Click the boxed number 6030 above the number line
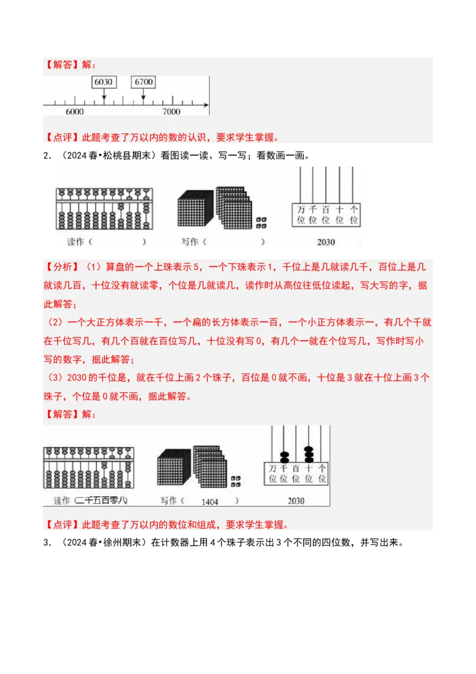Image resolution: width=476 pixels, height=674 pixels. coord(104,82)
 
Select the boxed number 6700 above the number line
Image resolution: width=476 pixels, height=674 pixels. coord(143,82)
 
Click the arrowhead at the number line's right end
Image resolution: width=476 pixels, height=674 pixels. coord(206,105)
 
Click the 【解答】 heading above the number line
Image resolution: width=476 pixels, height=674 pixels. coord(59,64)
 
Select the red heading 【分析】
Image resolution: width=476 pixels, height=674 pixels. coord(59,269)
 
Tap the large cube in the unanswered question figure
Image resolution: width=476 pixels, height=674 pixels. coord(195,210)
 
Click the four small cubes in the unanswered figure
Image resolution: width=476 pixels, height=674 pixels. coord(261,223)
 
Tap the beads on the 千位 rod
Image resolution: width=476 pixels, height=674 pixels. coord(284,457)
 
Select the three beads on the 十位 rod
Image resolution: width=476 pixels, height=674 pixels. coord(309,454)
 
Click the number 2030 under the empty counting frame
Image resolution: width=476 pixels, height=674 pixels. coord(326,242)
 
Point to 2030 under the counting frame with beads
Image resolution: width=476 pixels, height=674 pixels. coord(296,501)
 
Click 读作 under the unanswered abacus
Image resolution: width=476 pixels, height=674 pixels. coord(76,242)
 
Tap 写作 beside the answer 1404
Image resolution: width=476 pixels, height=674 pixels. coord(168,501)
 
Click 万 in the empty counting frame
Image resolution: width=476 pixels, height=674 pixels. coord(302,209)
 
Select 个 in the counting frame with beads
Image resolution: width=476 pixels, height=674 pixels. coord(322,468)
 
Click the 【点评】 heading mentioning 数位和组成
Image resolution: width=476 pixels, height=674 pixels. coord(59,525)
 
